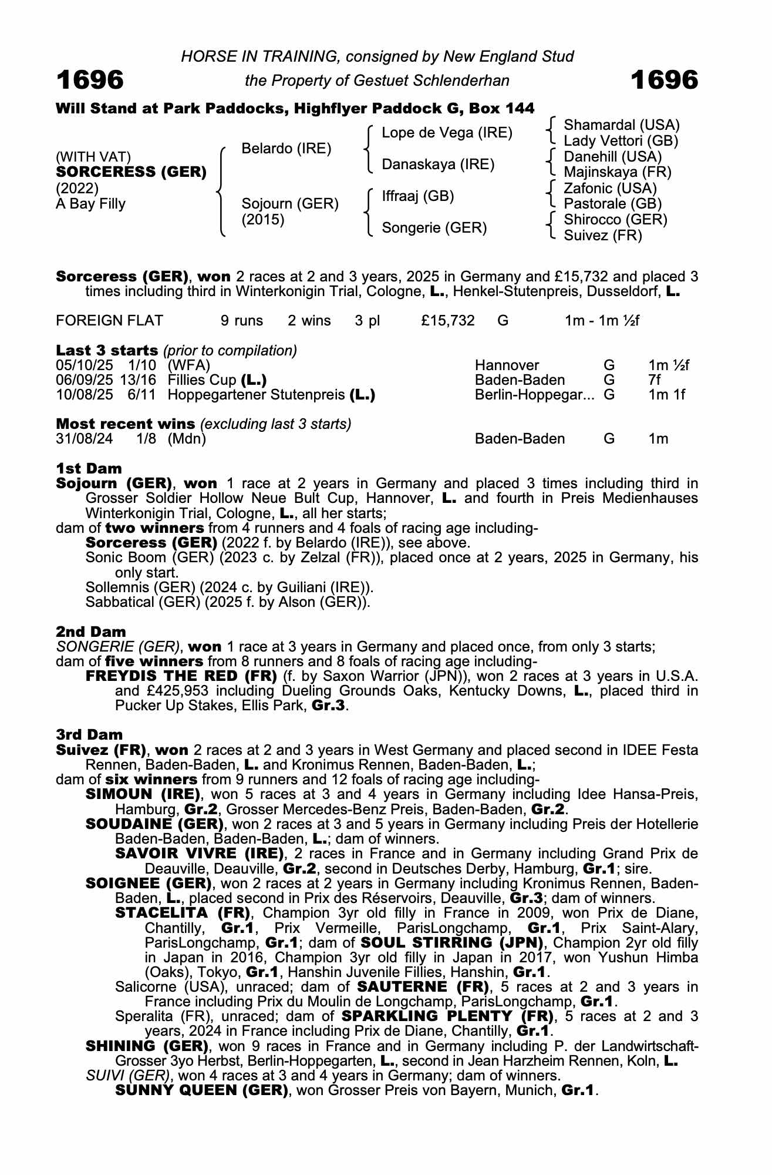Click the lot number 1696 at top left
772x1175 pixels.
(x=90, y=80)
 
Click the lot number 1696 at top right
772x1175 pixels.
(x=664, y=80)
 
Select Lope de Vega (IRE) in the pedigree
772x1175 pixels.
(x=447, y=133)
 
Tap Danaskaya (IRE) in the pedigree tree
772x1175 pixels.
(x=438, y=164)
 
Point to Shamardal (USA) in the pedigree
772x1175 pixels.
(x=621, y=125)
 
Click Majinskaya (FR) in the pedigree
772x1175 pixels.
(x=617, y=173)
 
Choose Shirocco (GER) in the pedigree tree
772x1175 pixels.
(x=615, y=220)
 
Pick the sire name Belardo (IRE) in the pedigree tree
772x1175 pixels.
(x=286, y=149)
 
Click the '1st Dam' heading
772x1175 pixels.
(x=89, y=468)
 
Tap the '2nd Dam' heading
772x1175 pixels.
(x=91, y=632)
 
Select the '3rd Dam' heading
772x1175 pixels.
(x=89, y=734)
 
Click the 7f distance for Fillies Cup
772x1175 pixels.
(x=655, y=380)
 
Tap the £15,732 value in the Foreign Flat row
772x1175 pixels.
(x=447, y=321)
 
